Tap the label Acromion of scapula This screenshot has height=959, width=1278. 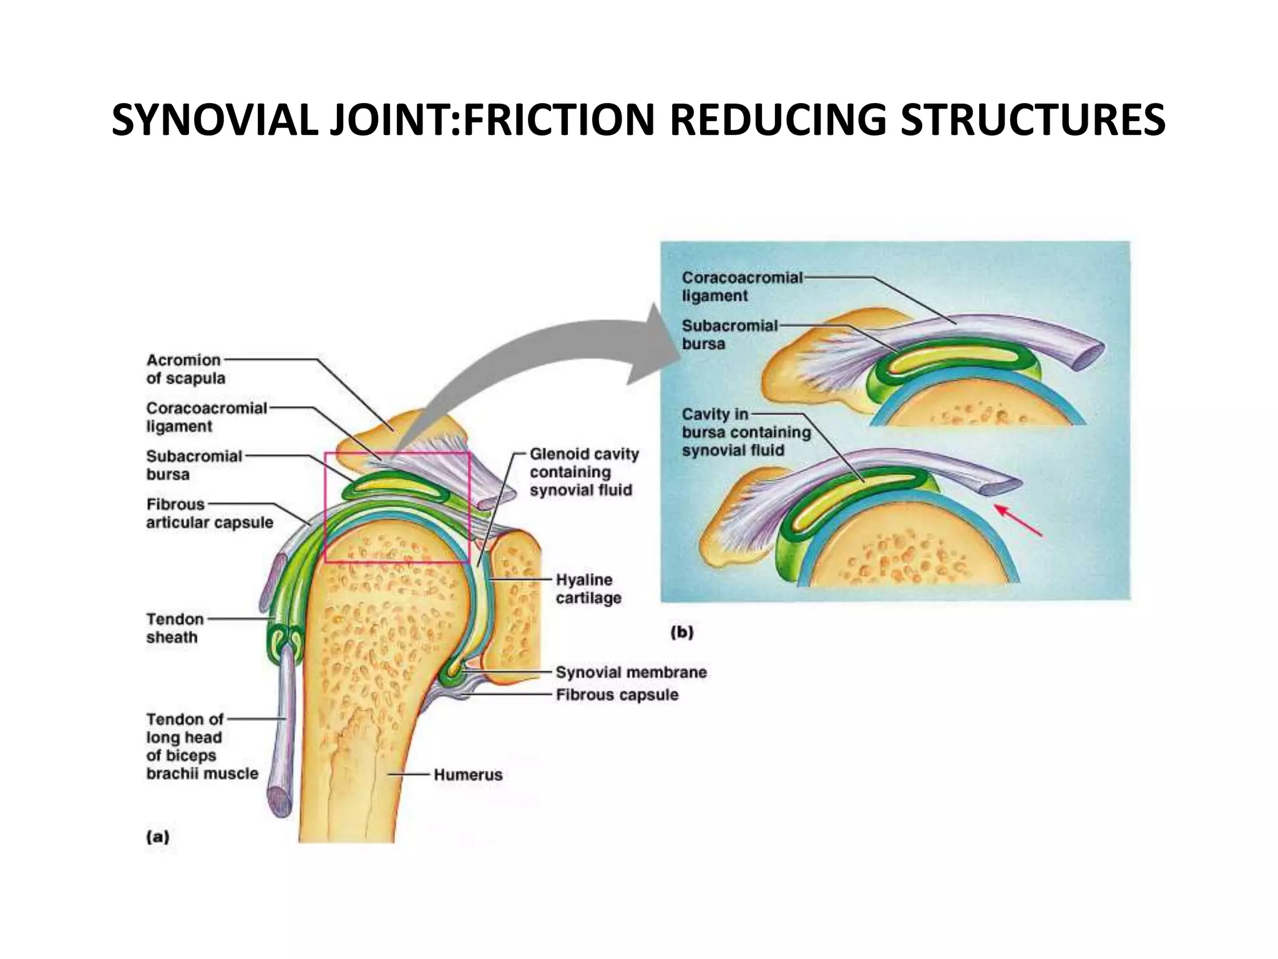185,369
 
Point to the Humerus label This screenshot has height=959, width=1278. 468,775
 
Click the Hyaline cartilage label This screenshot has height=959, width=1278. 588,589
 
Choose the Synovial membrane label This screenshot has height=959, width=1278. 631,672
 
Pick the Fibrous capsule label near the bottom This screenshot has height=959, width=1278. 617,695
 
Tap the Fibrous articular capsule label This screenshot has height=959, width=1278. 209,513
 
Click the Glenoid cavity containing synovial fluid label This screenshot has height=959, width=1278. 584,472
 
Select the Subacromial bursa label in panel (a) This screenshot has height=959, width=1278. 193,465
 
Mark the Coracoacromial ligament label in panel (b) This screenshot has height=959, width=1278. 741,287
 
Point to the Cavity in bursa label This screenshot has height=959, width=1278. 746,432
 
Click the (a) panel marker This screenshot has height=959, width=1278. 157,837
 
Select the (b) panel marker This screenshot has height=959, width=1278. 681,632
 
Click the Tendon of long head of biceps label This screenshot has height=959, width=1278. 202,746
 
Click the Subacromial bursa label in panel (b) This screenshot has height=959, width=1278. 729,335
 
